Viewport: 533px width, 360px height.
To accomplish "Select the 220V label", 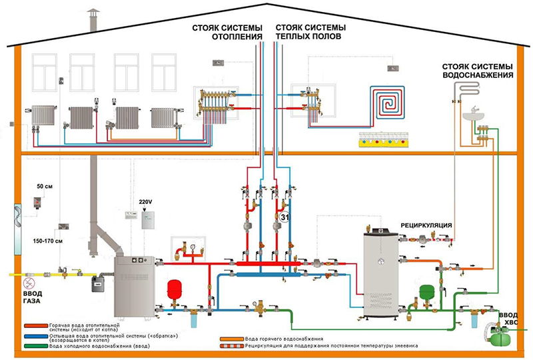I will coord(146,201).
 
